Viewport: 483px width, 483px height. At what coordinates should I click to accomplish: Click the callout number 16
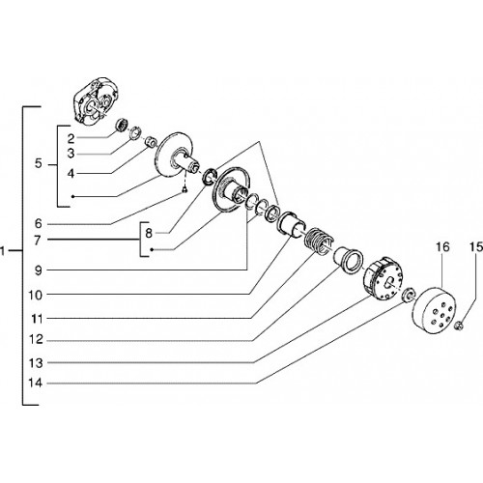coord(442,247)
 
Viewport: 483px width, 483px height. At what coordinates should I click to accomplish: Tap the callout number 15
coord(476,247)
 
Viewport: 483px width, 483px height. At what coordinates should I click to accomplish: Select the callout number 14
coord(36,384)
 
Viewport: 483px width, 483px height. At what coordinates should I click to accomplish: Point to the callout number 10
coord(36,295)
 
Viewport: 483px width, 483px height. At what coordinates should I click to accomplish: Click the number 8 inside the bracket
coord(149,233)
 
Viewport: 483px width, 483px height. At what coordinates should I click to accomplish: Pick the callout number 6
coord(39,223)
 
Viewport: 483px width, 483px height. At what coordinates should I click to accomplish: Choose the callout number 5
coord(39,164)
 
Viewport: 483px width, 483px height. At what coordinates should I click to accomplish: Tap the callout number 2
coord(71,139)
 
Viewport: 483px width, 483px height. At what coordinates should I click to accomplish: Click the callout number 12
coord(36,339)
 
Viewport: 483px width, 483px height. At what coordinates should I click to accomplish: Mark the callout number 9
coord(39,270)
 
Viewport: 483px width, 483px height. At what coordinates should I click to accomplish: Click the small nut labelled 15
coord(460,326)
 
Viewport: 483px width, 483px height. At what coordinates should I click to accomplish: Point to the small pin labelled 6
coord(185,190)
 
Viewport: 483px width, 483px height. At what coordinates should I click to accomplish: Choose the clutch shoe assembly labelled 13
coord(383,278)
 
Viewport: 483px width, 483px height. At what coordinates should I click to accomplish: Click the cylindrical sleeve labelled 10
coord(291,224)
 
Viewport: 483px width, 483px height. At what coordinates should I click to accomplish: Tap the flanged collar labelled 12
coord(348,261)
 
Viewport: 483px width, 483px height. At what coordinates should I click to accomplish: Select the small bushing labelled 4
coord(151,142)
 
